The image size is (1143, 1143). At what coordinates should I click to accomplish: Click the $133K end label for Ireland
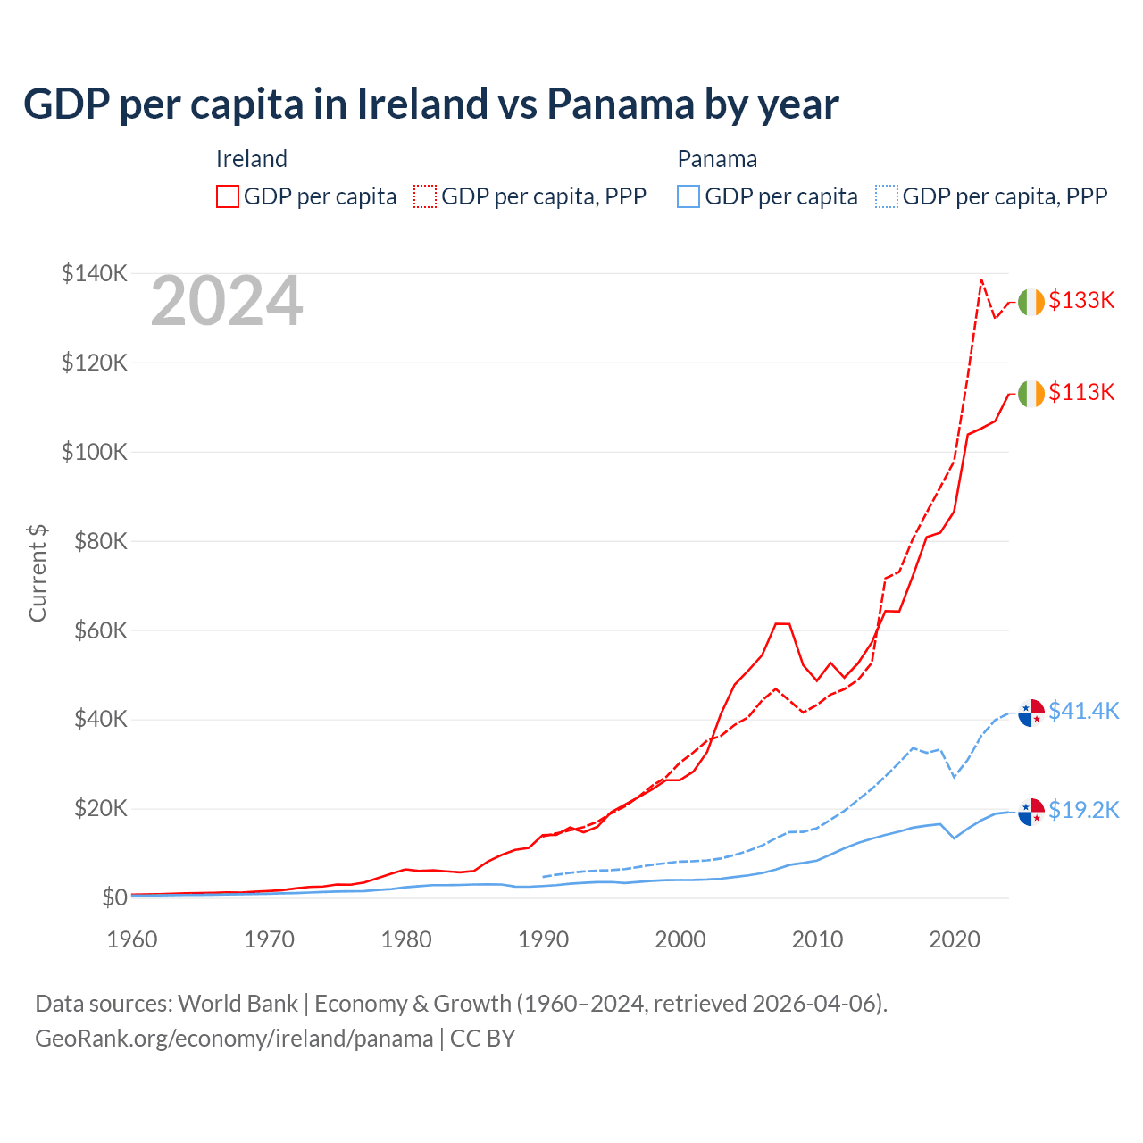[x=1081, y=300]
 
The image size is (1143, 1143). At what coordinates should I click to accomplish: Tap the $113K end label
[x=1081, y=392]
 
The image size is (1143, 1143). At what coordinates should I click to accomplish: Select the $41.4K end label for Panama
[x=1083, y=711]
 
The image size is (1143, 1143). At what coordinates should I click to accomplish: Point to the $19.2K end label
[x=1083, y=810]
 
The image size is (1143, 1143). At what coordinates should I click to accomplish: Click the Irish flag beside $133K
[x=1031, y=302]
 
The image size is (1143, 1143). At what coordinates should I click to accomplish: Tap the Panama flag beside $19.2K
[x=1031, y=812]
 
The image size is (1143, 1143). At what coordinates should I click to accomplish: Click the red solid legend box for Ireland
[x=228, y=196]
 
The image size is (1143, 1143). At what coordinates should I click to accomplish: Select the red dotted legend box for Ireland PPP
[x=425, y=196]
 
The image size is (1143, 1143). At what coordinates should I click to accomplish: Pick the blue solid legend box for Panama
[x=688, y=196]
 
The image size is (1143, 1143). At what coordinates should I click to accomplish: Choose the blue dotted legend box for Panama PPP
[x=887, y=196]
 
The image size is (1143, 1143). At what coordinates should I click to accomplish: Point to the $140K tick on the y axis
[x=95, y=273]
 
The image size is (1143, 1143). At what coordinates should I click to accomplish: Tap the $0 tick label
[x=114, y=897]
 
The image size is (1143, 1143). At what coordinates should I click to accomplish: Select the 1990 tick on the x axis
[x=544, y=939]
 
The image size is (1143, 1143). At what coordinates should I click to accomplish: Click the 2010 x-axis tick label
[x=818, y=939]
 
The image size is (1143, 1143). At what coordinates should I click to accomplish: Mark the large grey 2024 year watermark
[x=227, y=302]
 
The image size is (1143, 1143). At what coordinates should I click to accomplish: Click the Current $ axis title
[x=38, y=573]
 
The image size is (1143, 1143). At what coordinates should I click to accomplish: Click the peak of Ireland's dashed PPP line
[x=981, y=280]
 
